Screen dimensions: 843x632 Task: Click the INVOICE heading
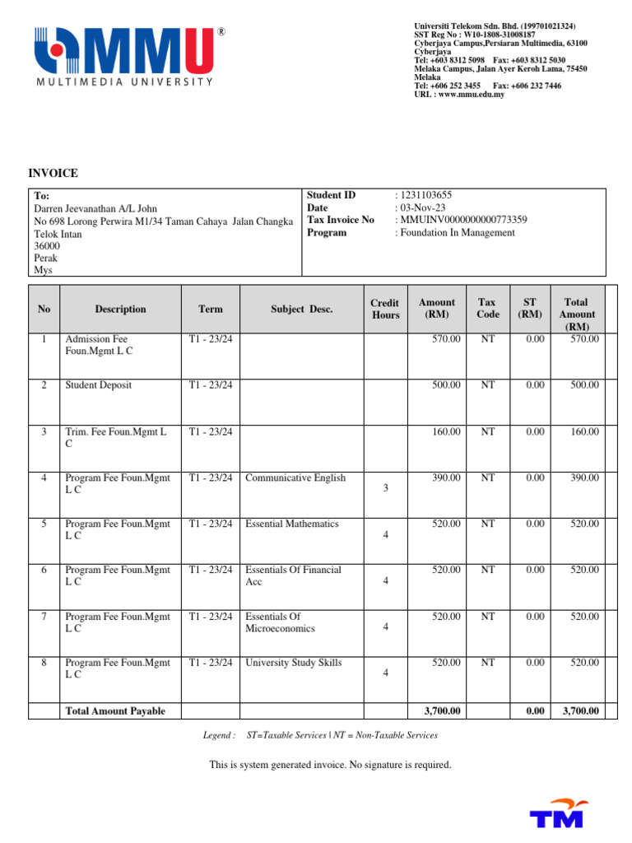[x=53, y=173]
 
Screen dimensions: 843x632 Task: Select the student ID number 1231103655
[x=425, y=195]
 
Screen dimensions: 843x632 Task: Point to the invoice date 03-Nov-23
[x=422, y=207]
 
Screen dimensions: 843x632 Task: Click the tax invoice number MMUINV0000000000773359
[x=463, y=220]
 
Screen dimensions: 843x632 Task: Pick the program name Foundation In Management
[x=457, y=232]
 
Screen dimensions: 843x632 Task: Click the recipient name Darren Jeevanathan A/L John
[x=95, y=209]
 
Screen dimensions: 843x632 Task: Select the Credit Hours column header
[x=384, y=309]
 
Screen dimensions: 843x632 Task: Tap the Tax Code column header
[x=488, y=309]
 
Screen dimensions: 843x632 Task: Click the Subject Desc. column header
[x=302, y=310]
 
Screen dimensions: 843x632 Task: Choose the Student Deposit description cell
[x=98, y=385]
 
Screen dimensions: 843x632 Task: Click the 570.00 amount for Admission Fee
[x=446, y=339]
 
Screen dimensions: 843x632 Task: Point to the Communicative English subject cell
[x=295, y=478]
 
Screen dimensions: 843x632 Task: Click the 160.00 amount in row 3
[x=446, y=431]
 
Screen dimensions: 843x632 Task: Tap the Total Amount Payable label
[x=115, y=711]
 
